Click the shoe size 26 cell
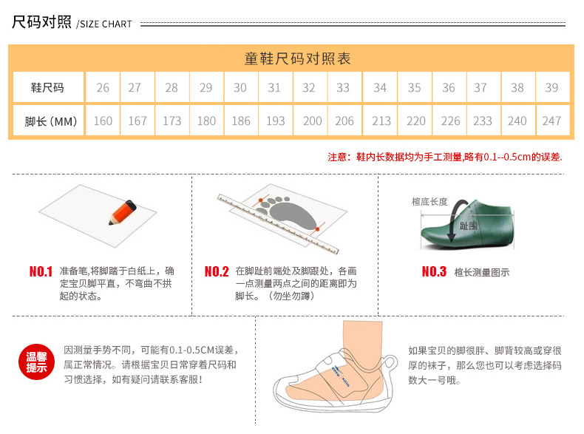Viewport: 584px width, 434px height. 103,87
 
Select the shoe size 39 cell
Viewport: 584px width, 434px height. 553,87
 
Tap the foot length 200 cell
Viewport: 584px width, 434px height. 310,121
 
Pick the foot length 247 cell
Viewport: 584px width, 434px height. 553,121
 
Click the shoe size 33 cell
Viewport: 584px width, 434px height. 345,87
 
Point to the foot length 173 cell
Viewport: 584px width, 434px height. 172,121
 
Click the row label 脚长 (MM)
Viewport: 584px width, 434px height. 48,121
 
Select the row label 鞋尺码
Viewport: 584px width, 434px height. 48,87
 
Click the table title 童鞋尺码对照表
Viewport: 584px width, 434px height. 298,58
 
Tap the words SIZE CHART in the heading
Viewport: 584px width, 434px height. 106,24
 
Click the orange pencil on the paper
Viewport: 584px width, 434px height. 123,213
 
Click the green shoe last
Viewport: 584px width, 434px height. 467,224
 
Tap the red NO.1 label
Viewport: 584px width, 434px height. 41,271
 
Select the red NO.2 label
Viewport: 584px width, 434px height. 217,271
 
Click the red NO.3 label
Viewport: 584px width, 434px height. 434,271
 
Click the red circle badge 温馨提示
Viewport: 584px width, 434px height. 36,362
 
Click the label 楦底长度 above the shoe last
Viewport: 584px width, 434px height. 429,202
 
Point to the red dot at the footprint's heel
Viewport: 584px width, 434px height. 317,229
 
